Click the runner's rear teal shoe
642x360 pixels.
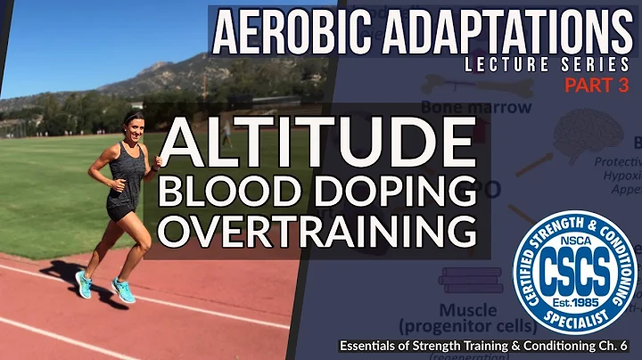coord(84,285)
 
